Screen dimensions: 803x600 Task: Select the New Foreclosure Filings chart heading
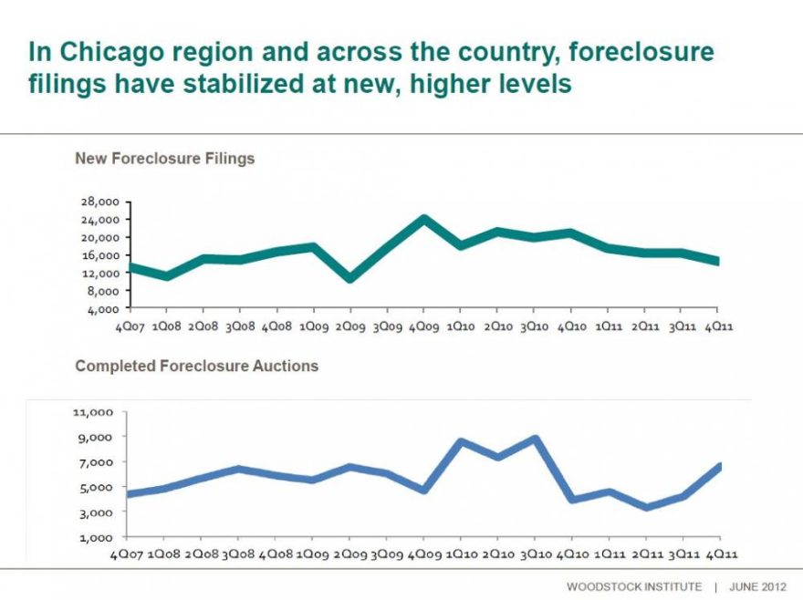[x=165, y=158]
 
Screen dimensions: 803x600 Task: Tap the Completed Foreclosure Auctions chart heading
[x=197, y=366]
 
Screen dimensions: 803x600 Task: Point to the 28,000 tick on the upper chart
[x=99, y=202]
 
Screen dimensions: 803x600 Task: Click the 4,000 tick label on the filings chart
[x=103, y=310]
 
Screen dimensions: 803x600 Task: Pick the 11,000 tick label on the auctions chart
[x=93, y=412]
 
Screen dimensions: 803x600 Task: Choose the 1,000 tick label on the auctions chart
[x=96, y=538]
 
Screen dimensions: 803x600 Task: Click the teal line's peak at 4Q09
[x=423, y=219]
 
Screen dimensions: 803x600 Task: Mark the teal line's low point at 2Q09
[x=350, y=278]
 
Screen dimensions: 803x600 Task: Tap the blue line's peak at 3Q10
[x=535, y=440]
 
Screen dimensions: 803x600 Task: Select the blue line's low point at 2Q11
[x=646, y=507]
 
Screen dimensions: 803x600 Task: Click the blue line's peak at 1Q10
[x=461, y=442]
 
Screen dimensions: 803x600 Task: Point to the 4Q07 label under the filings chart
[x=130, y=327]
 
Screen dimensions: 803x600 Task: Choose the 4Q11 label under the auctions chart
[x=721, y=554]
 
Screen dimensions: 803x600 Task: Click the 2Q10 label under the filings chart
[x=498, y=327]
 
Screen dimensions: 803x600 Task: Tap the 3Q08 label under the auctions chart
[x=237, y=554]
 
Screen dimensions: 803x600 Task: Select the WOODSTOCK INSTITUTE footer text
[x=634, y=586]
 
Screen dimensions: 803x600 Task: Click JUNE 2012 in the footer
[x=757, y=586]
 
